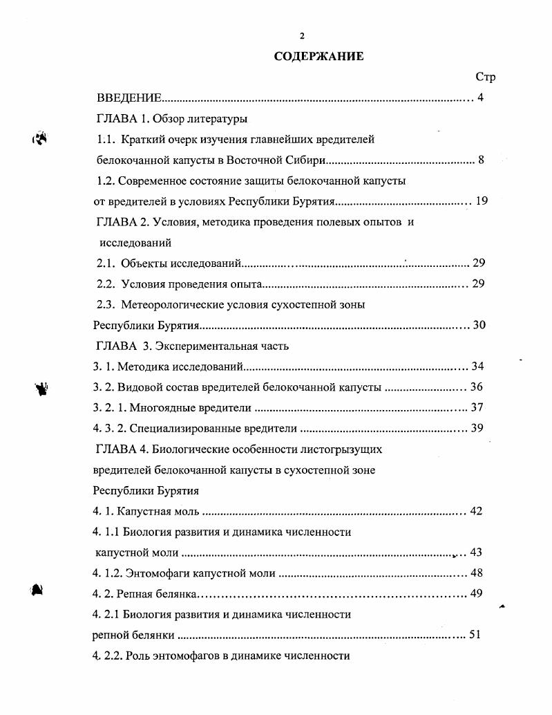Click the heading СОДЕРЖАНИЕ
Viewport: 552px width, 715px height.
(318, 56)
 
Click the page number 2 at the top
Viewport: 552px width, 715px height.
(302, 36)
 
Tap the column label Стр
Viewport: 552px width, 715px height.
(486, 77)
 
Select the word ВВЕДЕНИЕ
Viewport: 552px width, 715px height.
(129, 98)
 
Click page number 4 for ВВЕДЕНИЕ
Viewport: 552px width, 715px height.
(480, 98)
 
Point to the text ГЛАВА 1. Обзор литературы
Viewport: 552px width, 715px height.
(172, 118)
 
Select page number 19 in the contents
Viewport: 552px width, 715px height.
(482, 202)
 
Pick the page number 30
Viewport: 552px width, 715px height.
(479, 326)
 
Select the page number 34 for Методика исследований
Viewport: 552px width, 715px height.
(477, 366)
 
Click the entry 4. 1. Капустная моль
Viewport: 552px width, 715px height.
(146, 512)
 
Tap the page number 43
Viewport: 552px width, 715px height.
(475, 552)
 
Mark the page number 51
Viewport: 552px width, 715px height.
(474, 635)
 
